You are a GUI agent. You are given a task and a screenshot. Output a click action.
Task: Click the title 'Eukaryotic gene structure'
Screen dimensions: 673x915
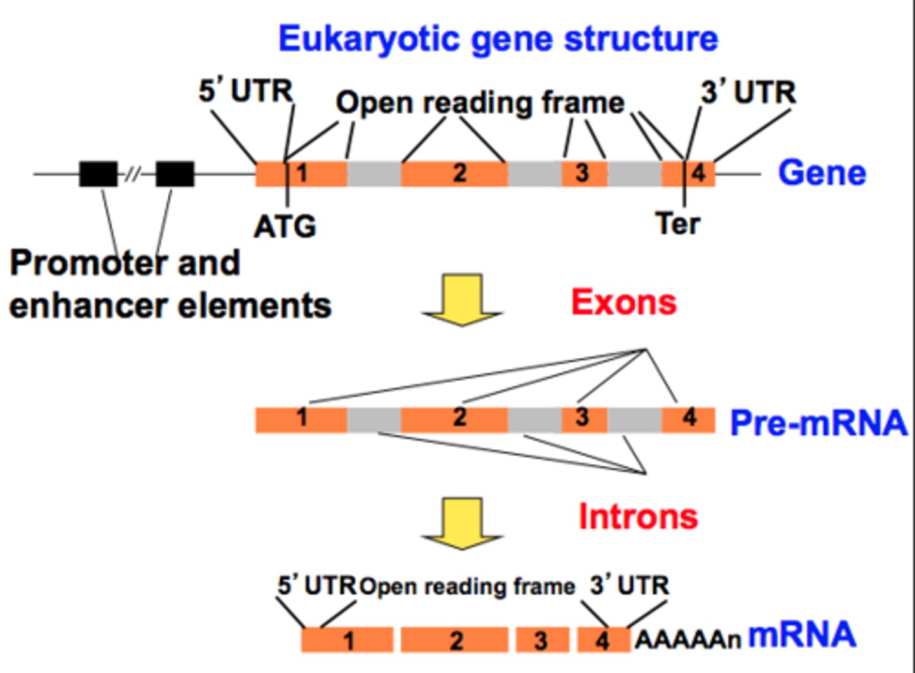(x=498, y=39)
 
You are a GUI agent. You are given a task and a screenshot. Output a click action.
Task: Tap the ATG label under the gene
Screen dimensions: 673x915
(x=285, y=226)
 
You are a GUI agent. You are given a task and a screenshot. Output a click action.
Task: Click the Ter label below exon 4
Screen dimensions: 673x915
(x=678, y=224)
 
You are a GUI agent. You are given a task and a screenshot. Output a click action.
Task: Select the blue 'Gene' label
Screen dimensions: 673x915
(x=822, y=173)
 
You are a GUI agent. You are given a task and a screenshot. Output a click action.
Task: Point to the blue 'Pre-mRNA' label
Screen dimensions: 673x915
(x=818, y=423)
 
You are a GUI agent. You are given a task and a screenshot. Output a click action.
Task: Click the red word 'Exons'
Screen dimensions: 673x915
(x=623, y=303)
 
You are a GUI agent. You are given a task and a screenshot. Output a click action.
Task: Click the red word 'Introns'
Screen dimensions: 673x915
(x=637, y=516)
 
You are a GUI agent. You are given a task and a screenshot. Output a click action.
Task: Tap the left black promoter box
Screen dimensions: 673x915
(x=98, y=173)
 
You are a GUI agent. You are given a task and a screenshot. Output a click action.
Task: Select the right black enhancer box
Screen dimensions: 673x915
(x=175, y=173)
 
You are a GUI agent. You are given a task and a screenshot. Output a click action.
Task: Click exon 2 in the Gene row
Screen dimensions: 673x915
(x=454, y=173)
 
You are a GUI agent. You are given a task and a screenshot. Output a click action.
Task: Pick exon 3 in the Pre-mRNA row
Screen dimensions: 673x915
(x=584, y=419)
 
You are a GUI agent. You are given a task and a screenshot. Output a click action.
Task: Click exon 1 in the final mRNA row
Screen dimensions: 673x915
(x=347, y=640)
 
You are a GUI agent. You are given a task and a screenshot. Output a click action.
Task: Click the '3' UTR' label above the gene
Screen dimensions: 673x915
(x=748, y=93)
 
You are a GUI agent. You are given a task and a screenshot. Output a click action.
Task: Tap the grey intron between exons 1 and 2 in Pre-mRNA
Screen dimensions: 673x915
(x=374, y=419)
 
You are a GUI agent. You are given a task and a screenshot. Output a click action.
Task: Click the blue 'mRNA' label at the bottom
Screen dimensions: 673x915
(x=802, y=634)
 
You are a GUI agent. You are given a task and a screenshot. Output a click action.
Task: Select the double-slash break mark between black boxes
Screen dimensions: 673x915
(x=132, y=173)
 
